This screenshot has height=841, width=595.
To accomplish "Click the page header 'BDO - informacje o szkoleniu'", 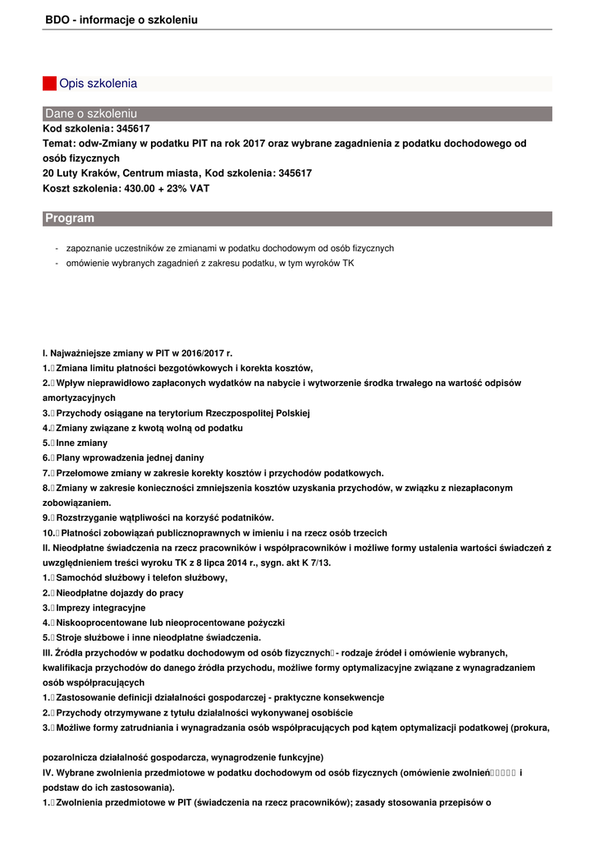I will coord(121,20).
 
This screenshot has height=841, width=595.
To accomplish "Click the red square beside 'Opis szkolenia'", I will coord(49,84).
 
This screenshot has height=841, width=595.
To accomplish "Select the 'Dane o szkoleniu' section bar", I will coord(297,113).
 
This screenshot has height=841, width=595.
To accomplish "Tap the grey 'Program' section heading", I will coord(297,218).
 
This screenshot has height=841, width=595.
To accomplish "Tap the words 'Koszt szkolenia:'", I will coord(77,188).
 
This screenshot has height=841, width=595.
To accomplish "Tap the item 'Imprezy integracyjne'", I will coord(100,608).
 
